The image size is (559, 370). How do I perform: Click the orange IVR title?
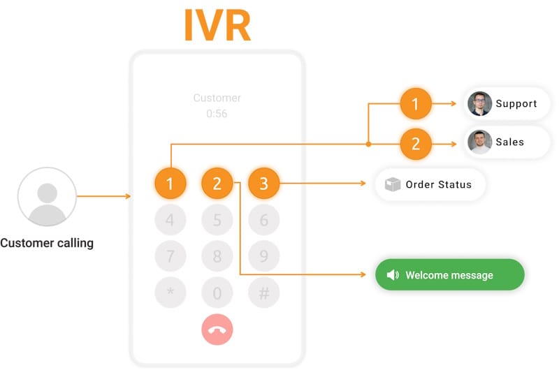(217, 25)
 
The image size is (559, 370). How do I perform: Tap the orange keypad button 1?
(170, 184)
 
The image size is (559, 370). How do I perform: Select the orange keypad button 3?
(263, 184)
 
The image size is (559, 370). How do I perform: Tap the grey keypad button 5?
(217, 221)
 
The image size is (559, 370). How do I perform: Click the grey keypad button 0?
(217, 293)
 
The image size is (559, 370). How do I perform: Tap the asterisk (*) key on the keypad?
(170, 293)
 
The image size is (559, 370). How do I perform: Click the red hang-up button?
(217, 330)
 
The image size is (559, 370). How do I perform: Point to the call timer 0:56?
(217, 114)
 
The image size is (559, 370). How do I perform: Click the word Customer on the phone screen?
(217, 98)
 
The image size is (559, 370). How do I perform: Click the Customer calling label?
(47, 244)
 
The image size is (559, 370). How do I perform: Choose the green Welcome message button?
(449, 275)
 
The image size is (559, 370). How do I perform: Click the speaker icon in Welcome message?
(393, 275)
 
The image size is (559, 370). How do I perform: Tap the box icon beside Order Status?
(393, 185)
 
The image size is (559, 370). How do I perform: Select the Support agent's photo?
(479, 104)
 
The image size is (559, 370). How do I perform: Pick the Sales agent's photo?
(479, 142)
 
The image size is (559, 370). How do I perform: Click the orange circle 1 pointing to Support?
(416, 105)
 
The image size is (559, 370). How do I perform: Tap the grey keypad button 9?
(263, 257)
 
